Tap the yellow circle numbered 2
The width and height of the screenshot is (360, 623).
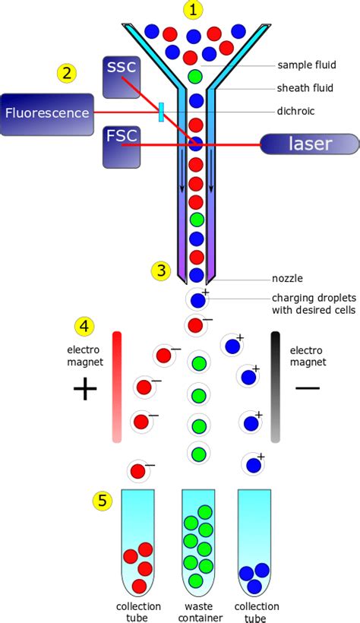click(x=68, y=73)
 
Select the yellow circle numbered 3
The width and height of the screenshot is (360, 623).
click(x=160, y=270)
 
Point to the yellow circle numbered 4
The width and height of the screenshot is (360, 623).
click(x=85, y=327)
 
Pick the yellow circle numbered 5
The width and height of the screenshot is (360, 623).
click(x=104, y=501)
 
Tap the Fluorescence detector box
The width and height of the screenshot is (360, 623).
click(x=48, y=113)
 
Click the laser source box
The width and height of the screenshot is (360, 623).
click(x=308, y=144)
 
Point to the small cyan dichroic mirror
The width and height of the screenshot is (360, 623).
click(x=161, y=112)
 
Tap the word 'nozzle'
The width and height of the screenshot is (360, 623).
click(x=287, y=278)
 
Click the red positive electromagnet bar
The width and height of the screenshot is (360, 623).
click(x=116, y=386)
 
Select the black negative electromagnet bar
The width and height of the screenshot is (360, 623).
click(x=276, y=386)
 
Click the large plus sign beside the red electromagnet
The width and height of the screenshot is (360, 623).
click(x=85, y=390)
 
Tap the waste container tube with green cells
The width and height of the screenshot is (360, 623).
click(x=197, y=541)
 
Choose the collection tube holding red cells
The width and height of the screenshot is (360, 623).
click(x=138, y=541)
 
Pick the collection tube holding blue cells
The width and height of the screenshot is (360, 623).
click(x=254, y=541)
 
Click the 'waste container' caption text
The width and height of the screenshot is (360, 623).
click(x=197, y=612)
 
